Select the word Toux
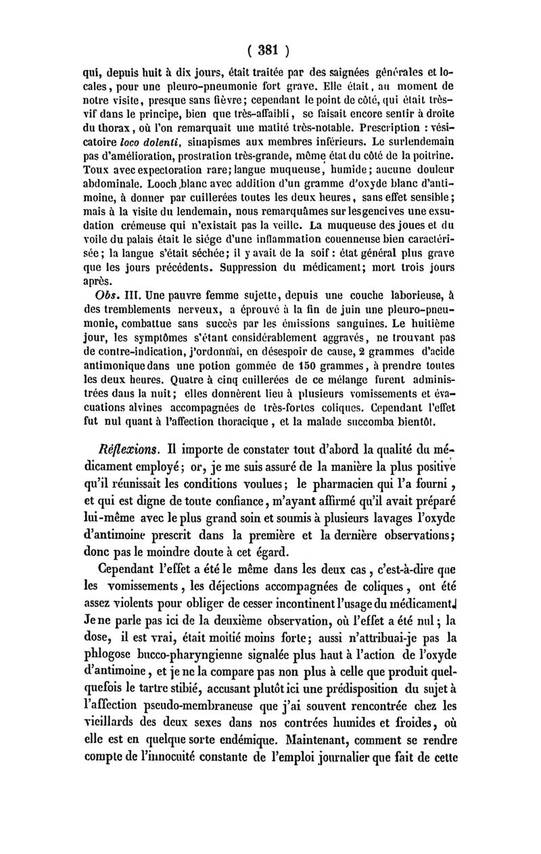93,170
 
